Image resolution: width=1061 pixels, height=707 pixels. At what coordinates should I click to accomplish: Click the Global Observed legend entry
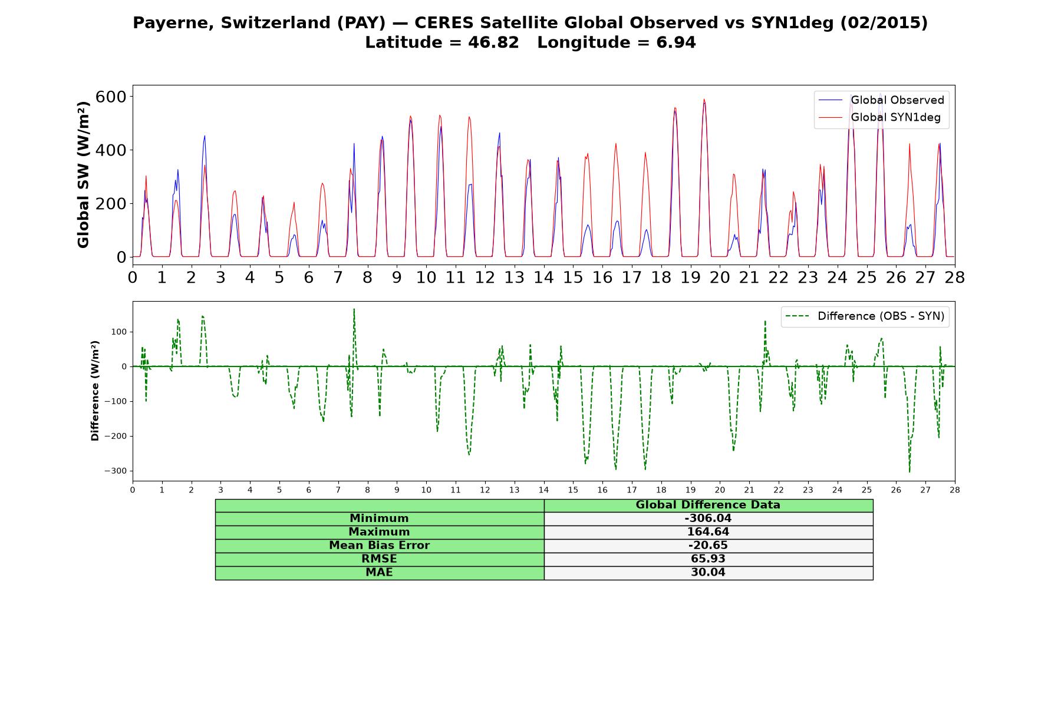[881, 100]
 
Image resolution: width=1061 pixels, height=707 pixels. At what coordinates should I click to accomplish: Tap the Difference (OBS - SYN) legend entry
[865, 316]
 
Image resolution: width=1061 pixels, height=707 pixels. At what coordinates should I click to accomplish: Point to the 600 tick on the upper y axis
[111, 97]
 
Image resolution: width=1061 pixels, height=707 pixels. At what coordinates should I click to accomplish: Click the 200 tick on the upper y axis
[111, 204]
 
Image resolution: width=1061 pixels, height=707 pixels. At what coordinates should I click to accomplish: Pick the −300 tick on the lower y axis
[116, 471]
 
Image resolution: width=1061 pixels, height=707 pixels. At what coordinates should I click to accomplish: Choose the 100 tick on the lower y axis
[119, 332]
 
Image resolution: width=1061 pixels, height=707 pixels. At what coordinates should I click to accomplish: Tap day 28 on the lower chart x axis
[955, 490]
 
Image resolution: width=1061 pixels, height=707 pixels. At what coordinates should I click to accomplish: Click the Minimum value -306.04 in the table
[708, 518]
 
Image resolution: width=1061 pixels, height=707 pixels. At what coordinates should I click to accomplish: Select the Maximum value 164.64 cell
[708, 532]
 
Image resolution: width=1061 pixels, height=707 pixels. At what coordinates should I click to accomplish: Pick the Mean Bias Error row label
[379, 546]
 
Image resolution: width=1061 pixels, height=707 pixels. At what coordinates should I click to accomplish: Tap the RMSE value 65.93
[708, 559]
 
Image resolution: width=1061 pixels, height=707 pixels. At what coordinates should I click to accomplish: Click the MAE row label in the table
[379, 573]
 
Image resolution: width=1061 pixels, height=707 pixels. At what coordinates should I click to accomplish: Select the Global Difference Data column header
[708, 505]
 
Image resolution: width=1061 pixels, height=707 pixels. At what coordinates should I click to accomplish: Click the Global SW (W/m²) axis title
[83, 174]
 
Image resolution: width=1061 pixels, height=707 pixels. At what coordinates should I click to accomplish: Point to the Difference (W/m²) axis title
[95, 391]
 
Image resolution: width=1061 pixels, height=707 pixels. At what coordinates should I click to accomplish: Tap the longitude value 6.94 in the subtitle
[676, 42]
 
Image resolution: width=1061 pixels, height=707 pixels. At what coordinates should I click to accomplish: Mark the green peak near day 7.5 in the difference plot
[354, 309]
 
